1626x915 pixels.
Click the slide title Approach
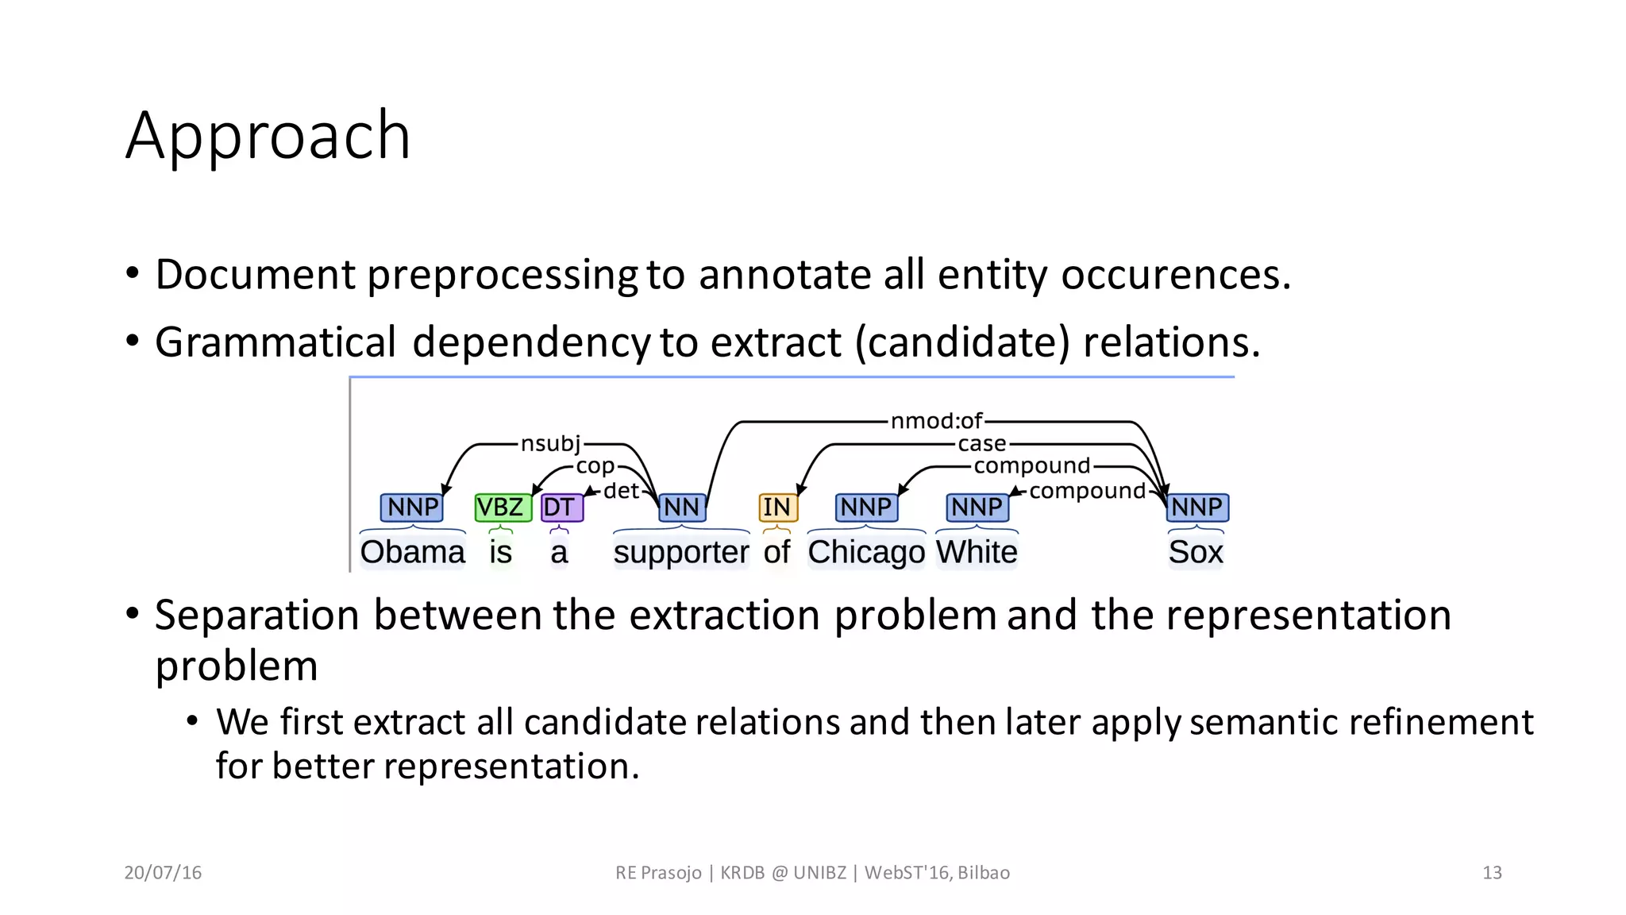268,136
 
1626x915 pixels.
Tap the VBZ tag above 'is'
501,507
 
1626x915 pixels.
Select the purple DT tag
561,507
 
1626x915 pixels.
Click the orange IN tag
777,507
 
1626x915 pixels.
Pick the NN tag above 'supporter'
681,507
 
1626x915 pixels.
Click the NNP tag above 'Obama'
412,507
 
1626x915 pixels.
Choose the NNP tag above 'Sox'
1196,507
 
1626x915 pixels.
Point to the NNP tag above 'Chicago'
866,507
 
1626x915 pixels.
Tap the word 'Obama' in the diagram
412,552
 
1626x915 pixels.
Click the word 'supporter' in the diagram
681,552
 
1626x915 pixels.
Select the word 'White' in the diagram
977,552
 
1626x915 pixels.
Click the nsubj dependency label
550,443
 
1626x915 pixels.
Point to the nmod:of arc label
936,421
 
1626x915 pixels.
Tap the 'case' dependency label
982,443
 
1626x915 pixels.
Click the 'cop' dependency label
595,466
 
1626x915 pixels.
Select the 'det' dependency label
621,491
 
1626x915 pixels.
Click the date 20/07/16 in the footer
163,873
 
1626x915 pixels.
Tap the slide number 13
1492,873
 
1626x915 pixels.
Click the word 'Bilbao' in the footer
984,873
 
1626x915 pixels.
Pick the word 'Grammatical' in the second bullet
275,342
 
